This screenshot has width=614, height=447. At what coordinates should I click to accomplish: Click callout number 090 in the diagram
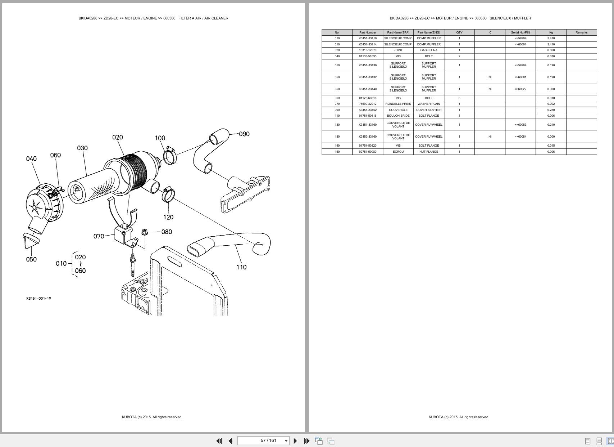point(244,134)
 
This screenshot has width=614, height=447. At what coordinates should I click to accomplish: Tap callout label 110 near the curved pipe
point(241,267)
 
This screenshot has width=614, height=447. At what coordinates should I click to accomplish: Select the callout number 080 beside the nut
point(167,232)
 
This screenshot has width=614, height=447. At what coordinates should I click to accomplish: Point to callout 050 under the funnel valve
point(31,259)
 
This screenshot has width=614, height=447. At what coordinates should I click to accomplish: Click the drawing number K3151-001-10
point(38,298)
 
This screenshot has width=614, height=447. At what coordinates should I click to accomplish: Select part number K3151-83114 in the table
point(367,44)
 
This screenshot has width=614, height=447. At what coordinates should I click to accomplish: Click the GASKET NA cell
point(428,50)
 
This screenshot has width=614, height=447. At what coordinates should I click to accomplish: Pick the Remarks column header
point(581,32)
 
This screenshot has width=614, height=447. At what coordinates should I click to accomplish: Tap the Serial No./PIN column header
point(520,32)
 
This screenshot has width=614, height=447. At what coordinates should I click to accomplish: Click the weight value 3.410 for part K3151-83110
point(550,38)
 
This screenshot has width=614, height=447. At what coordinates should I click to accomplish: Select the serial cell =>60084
point(520,137)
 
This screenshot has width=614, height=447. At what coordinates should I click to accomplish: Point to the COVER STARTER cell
point(428,110)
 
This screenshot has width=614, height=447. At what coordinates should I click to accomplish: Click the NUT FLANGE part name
point(428,152)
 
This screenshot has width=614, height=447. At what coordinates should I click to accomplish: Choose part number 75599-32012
point(367,104)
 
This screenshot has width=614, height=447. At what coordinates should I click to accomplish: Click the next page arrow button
point(295,441)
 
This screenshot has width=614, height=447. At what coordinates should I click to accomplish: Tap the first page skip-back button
point(219,441)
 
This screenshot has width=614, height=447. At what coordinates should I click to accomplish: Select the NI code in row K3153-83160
point(490,137)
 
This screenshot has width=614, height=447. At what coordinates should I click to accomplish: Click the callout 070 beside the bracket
point(99,236)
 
